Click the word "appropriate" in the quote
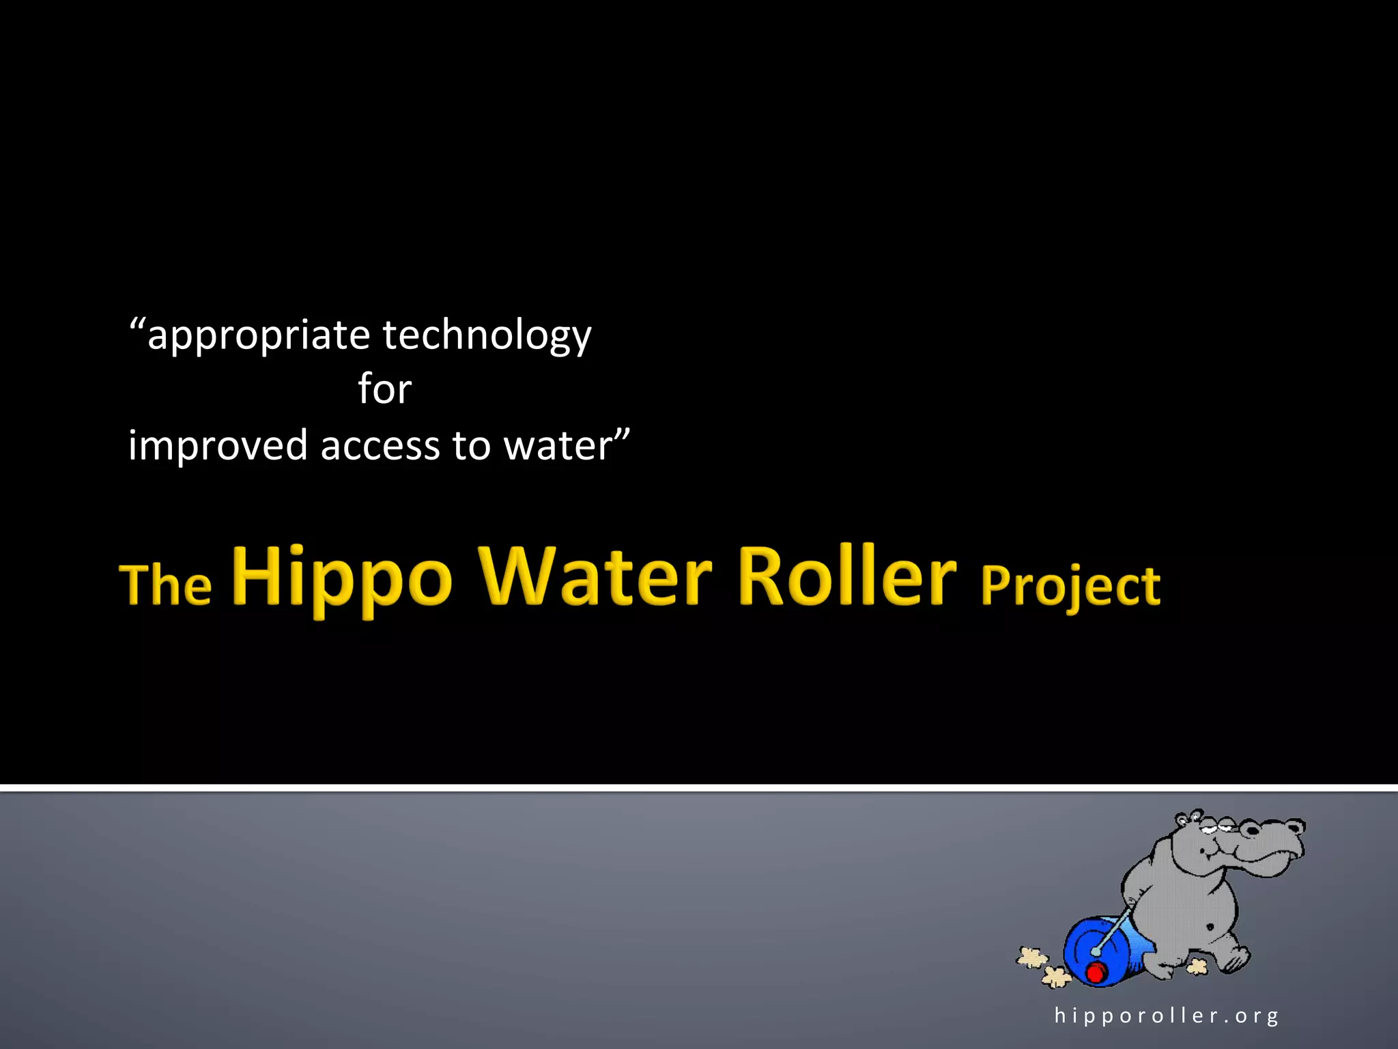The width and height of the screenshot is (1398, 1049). click(x=258, y=336)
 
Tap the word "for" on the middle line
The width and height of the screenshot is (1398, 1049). click(x=384, y=390)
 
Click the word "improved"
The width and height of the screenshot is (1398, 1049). click(x=218, y=446)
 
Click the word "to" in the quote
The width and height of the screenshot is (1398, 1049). click(x=471, y=446)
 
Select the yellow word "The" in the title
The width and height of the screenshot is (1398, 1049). click(x=166, y=585)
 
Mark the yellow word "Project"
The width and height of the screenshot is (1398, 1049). click(x=1070, y=587)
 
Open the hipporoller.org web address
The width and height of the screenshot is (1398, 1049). click(x=1166, y=1016)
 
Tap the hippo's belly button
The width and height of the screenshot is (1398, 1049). click(x=1210, y=927)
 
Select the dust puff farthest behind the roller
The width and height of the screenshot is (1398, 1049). click(x=1032, y=957)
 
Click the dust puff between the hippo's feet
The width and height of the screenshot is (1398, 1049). click(x=1197, y=966)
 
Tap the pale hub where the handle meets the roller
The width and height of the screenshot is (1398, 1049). click(x=1096, y=951)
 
